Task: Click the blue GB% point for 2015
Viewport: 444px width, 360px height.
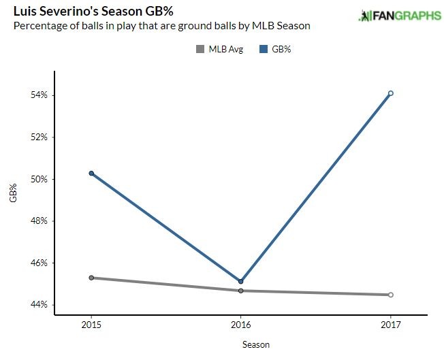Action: tap(91, 174)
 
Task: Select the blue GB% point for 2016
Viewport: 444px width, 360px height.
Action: tap(241, 281)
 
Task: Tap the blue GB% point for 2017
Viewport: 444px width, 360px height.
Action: tap(391, 93)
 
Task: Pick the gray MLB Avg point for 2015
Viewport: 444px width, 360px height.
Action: tap(91, 278)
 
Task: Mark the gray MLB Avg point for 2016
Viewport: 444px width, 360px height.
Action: tap(241, 291)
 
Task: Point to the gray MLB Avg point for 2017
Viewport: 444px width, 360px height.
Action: tap(391, 295)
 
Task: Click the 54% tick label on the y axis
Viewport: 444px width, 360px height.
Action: tap(39, 95)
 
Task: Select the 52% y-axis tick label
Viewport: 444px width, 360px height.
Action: tap(39, 137)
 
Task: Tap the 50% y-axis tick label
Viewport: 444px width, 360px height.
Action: tap(39, 179)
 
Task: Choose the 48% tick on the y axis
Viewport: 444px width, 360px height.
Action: tap(39, 221)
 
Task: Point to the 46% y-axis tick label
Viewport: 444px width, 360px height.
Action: tap(39, 263)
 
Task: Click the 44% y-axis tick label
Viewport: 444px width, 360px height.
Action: tap(39, 305)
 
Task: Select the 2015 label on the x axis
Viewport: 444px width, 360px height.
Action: tap(91, 325)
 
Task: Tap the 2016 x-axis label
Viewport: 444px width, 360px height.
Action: tap(241, 325)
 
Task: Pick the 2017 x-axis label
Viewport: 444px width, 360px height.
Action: tap(391, 325)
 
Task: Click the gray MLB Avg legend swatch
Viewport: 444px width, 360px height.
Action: tap(200, 49)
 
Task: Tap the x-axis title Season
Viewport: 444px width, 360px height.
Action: tap(256, 345)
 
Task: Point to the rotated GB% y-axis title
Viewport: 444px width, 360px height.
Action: tap(12, 193)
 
